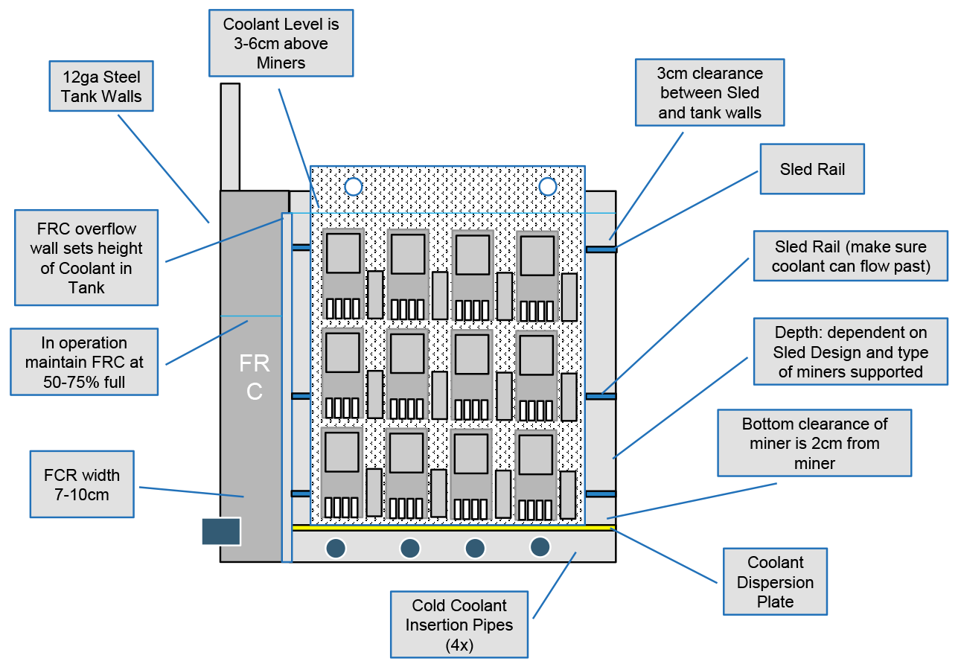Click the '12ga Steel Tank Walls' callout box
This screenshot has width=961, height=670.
[102, 86]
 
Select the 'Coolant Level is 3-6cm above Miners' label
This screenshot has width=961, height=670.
[281, 43]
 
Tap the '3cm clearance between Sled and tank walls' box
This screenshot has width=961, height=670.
[709, 93]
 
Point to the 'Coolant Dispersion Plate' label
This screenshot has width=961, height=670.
[775, 581]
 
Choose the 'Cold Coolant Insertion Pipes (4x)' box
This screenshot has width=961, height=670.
[459, 625]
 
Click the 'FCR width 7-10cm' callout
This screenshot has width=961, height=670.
[82, 484]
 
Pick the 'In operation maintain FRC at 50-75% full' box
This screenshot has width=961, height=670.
[84, 362]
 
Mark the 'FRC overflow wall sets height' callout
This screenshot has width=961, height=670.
[86, 258]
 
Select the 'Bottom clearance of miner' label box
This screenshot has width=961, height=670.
[814, 443]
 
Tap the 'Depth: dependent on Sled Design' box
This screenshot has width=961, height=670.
[850, 351]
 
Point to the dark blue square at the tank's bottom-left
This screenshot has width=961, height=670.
[221, 532]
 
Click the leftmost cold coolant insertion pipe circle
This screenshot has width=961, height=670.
[336, 548]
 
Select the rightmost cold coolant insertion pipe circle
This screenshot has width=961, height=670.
[540, 547]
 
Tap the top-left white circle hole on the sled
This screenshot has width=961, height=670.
[353, 186]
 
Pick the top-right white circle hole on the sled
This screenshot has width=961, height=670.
[548, 185]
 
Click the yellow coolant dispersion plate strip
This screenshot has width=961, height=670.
[453, 527]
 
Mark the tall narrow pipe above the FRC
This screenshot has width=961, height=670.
[230, 136]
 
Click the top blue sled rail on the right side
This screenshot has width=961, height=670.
[601, 249]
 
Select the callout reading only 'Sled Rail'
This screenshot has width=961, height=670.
[811, 169]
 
